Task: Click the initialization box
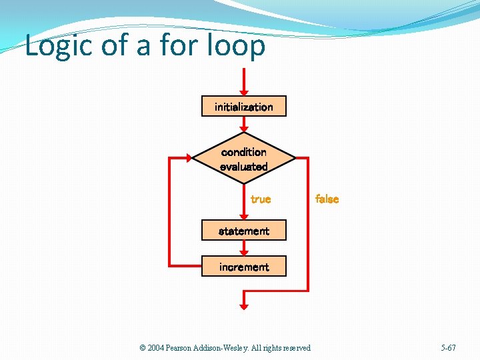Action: (243, 107)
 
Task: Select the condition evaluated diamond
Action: (243, 159)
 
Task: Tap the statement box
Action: (243, 231)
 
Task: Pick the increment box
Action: (243, 267)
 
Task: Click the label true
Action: (260, 199)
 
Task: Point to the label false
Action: (327, 199)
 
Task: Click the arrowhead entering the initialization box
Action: (244, 91)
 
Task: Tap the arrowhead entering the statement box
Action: (244, 216)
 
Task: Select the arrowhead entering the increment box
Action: (244, 251)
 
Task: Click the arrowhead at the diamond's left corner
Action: (189, 158)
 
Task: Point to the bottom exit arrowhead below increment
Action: (244, 305)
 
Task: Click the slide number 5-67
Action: (448, 348)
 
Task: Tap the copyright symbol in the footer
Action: (143, 348)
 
